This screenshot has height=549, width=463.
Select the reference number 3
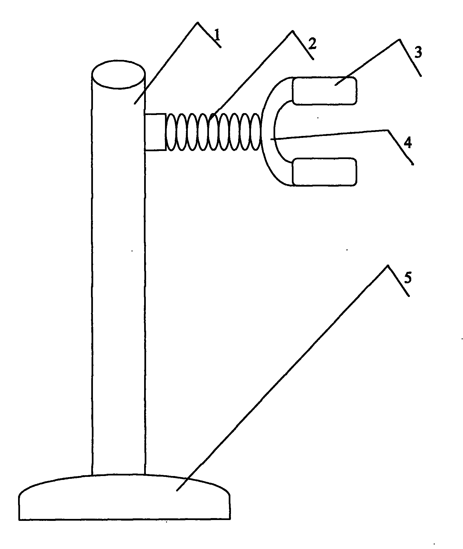pyautogui.click(x=417, y=52)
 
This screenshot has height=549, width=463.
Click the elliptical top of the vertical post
pyautogui.click(x=119, y=74)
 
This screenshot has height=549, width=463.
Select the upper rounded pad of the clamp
pyautogui.click(x=324, y=91)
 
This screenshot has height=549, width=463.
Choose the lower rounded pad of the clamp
pyautogui.click(x=324, y=172)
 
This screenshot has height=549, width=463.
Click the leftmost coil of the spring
pyautogui.click(x=171, y=132)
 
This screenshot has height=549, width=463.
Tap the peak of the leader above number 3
pyautogui.click(x=400, y=40)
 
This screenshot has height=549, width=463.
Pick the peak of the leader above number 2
pyautogui.click(x=292, y=30)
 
